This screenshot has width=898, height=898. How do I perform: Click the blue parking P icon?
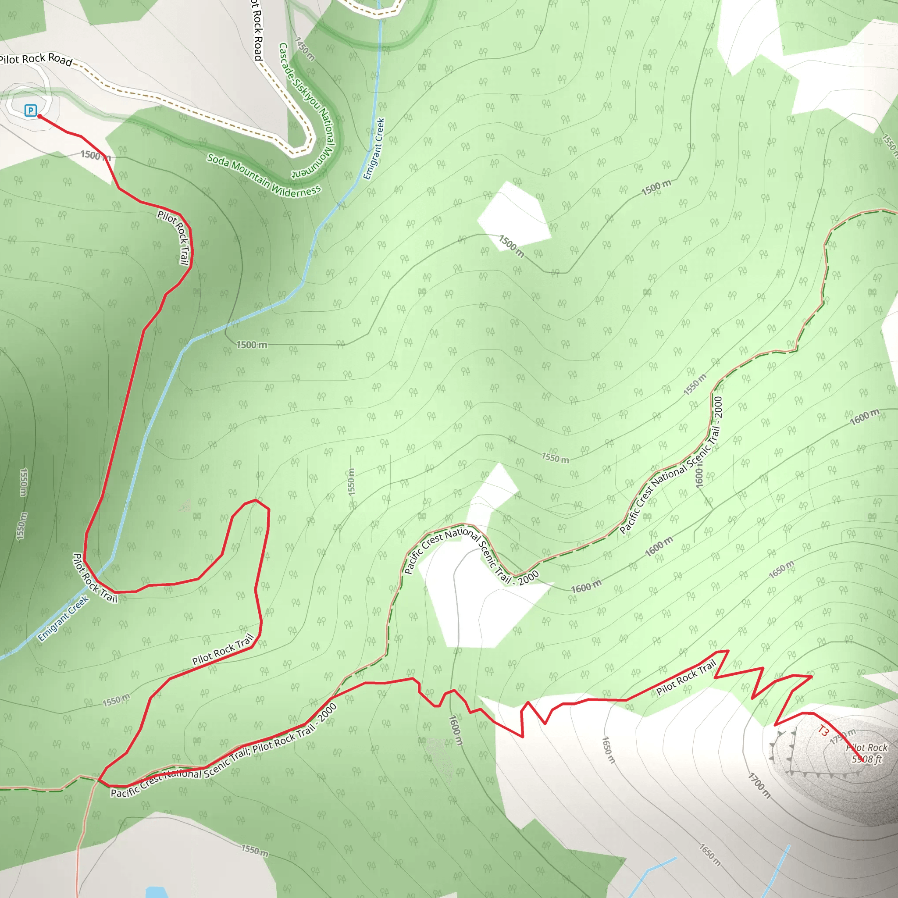tap(30, 110)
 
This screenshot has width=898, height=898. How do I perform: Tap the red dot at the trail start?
tap(40, 116)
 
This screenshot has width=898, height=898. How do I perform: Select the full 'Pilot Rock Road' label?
tap(36, 59)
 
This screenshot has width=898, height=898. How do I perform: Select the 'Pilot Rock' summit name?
tap(867, 748)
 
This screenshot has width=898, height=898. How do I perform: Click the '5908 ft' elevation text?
tap(866, 759)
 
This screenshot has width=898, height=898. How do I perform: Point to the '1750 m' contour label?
tap(842, 737)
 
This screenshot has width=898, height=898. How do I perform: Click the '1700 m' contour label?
tap(759, 785)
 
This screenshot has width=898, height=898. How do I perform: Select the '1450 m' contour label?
tap(305, 49)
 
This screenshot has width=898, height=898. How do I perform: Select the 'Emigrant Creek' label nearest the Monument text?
tap(374, 149)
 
